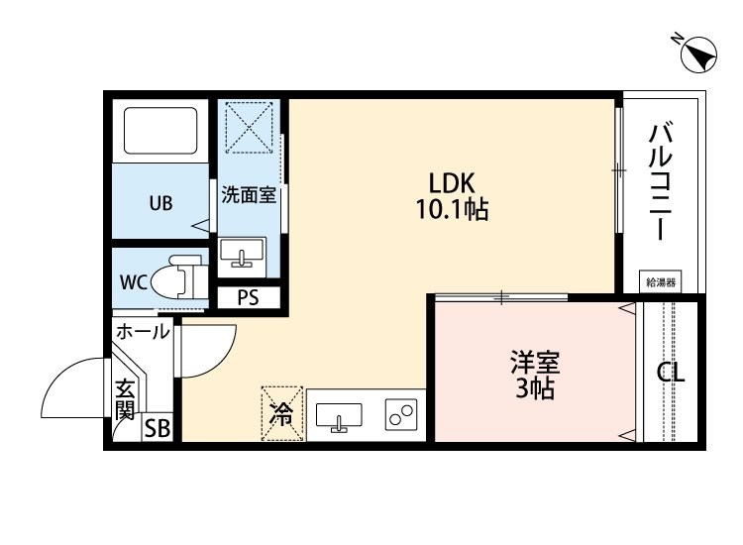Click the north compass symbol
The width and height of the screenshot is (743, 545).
[699, 54]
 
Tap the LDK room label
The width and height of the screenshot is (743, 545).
[453, 183]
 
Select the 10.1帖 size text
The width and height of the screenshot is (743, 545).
[453, 210]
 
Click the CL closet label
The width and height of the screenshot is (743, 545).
[671, 375]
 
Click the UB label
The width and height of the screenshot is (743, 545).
[160, 203]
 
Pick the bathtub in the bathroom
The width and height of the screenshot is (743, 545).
[161, 130]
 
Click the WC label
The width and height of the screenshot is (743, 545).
[134, 281]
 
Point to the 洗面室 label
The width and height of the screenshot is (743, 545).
[248, 195]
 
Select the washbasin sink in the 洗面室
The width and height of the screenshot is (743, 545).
[241, 254]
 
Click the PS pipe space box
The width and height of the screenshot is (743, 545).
[248, 296]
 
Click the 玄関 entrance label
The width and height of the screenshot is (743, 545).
[125, 397]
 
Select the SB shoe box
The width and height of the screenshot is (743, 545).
[158, 429]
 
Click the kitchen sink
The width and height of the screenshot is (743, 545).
[339, 417]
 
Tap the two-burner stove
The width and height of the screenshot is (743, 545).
[400, 416]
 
